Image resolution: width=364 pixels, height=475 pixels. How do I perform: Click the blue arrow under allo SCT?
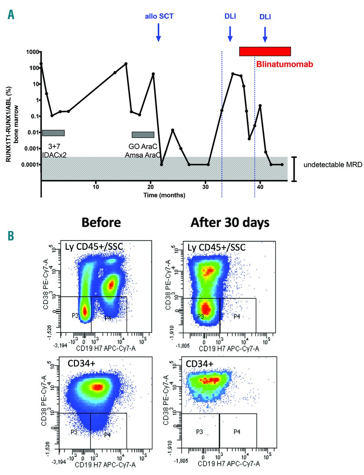[x=158, y=32]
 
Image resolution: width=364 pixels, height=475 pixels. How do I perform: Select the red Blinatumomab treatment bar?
[x=265, y=52]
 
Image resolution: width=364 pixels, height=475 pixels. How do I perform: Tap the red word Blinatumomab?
[x=285, y=64]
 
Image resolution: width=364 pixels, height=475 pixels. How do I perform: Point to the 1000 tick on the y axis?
[x=31, y=52]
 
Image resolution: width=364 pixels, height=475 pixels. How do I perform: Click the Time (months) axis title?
[x=164, y=195]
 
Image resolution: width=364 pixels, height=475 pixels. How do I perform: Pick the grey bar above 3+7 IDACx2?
[x=53, y=133]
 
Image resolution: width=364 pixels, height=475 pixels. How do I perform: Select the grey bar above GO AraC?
[x=143, y=135]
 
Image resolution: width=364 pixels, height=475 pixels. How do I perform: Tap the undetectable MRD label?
[x=332, y=164]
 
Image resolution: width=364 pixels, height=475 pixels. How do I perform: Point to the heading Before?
[x=101, y=222]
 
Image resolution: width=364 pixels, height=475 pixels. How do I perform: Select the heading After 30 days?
[x=230, y=222]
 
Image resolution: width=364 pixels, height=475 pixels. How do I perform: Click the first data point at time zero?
[x=41, y=64]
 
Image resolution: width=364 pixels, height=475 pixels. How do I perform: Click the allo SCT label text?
[x=159, y=16]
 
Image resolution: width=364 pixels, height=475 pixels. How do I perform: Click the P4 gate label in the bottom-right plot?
[x=237, y=432]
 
